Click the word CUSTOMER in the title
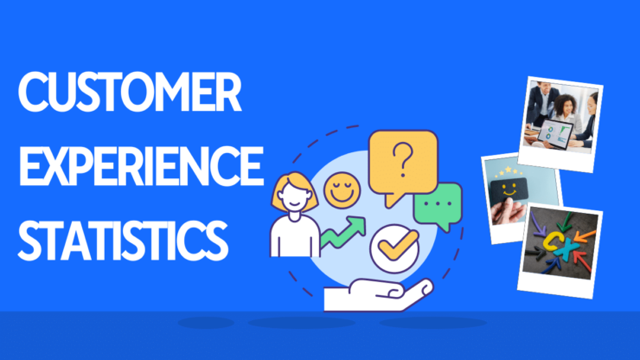[x=130, y=92]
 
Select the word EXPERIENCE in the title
[x=141, y=165]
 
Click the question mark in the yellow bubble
[x=402, y=159]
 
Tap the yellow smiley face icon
[x=342, y=190]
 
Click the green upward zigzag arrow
[x=342, y=233]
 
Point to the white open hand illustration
[x=378, y=294]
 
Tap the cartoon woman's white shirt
[x=295, y=236]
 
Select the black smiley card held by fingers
[x=509, y=190]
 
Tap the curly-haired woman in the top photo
[x=566, y=111]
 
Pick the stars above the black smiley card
[x=509, y=171]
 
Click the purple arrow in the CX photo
[x=538, y=224]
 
